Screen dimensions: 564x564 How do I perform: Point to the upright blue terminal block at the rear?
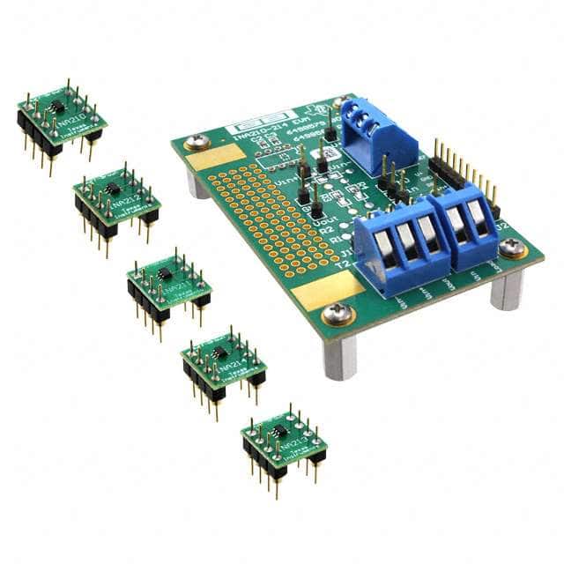(x=361, y=132)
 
